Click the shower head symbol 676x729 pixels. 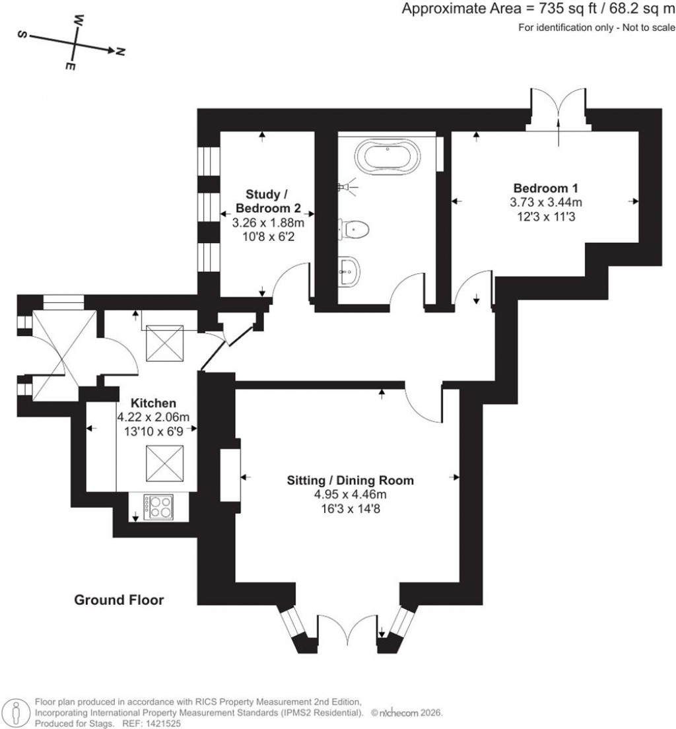(345, 187)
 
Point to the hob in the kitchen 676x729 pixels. (158, 507)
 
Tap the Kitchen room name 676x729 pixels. (153, 403)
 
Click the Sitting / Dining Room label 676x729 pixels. (350, 480)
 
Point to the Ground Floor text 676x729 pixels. (119, 600)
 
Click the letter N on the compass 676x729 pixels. (120, 52)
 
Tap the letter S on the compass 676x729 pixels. (22, 36)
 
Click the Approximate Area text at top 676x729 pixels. (538, 9)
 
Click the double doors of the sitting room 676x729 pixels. (349, 627)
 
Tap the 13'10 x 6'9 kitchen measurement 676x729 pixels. (153, 431)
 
